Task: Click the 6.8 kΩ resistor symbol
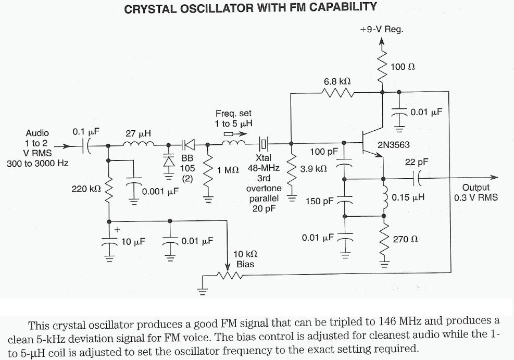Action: pyautogui.click(x=339, y=94)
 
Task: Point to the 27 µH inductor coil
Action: pyautogui.click(x=139, y=146)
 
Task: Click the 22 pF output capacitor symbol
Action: pyautogui.click(x=416, y=178)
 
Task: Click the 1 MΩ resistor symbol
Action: pyautogui.click(x=208, y=170)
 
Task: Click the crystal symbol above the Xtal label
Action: pyautogui.click(x=264, y=142)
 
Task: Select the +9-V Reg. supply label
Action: pyautogui.click(x=381, y=30)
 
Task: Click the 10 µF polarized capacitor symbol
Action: pyautogui.click(x=109, y=241)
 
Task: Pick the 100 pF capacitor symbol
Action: pyautogui.click(x=344, y=167)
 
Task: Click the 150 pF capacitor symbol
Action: pyautogui.click(x=344, y=201)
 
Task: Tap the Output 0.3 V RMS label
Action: pyautogui.click(x=476, y=192)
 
